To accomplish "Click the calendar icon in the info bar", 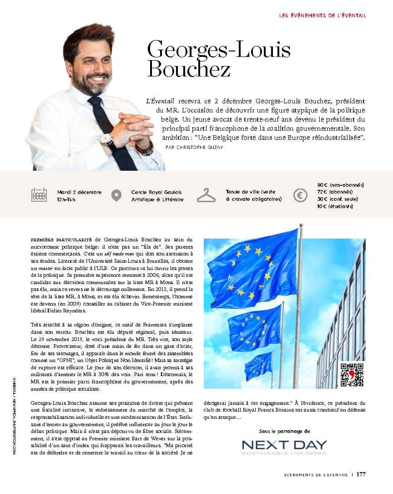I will (39, 195).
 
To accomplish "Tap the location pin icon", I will (116, 195).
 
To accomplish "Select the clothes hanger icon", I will (206, 195).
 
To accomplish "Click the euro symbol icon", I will (300, 195).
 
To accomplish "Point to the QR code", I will (352, 374).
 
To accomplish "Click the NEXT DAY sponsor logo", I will (284, 447).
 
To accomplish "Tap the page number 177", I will (361, 474).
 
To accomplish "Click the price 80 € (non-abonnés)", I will (340, 185).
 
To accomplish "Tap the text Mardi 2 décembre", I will (80, 192).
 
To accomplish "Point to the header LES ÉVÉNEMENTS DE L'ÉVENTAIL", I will (322, 15).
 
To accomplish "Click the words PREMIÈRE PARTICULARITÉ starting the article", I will (62, 239).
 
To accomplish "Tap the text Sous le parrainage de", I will (284, 431).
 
